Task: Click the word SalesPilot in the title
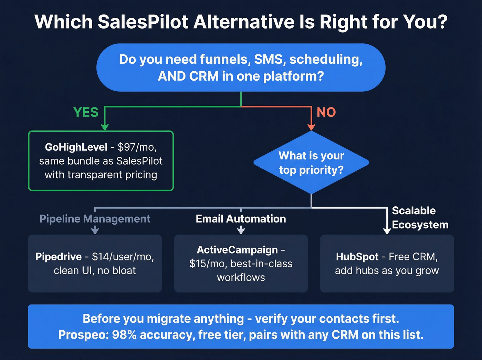(x=143, y=22)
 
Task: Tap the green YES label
(x=86, y=112)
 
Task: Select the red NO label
(x=326, y=112)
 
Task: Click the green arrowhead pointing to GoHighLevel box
(x=105, y=127)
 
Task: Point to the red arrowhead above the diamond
(x=311, y=127)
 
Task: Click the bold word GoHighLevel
(x=76, y=147)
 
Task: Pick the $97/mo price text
(x=137, y=147)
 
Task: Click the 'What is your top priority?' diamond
(x=311, y=162)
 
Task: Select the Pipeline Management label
(x=95, y=219)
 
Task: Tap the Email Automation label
(x=241, y=219)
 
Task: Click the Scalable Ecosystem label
(x=420, y=218)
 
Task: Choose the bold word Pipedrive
(x=59, y=257)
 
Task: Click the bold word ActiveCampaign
(x=237, y=250)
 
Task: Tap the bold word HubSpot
(x=357, y=257)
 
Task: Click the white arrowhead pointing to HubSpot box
(x=387, y=231)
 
